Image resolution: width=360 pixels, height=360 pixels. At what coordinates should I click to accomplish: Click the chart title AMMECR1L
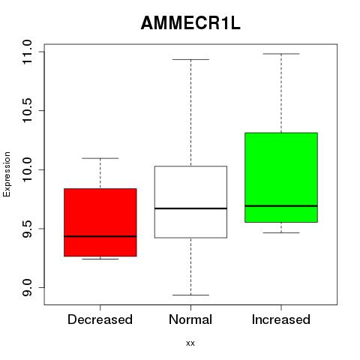190,23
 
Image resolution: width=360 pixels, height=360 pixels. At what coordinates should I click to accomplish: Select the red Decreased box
100,222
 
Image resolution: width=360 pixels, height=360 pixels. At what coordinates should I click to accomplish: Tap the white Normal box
190,202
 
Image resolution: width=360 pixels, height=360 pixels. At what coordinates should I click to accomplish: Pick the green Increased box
281,177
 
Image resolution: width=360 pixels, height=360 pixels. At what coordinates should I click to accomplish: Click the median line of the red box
100,236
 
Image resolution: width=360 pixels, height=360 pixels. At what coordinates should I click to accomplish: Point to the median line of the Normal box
190,208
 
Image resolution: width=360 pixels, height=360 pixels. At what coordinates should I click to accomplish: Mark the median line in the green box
281,206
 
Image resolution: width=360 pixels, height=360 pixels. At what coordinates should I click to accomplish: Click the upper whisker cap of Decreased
100,158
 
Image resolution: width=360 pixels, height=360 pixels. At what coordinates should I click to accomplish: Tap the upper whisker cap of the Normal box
190,59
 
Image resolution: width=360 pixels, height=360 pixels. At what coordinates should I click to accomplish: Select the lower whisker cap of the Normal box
190,295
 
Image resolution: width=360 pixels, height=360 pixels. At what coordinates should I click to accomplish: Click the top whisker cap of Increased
281,54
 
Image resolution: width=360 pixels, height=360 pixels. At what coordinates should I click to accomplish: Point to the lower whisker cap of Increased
281,232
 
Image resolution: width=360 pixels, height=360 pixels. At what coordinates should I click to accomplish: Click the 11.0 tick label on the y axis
27,52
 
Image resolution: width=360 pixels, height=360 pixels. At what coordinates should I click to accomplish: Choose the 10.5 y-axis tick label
27,110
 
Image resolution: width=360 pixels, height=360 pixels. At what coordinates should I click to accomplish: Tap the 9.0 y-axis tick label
27,287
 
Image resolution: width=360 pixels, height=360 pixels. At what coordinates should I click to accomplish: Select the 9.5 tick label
27,229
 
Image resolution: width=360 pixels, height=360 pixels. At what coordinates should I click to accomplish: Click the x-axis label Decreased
100,319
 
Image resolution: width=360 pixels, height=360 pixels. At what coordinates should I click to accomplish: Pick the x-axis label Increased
281,319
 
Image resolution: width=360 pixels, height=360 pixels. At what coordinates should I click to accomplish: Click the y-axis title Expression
7,174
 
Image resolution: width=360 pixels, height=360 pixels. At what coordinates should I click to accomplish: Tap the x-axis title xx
190,343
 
